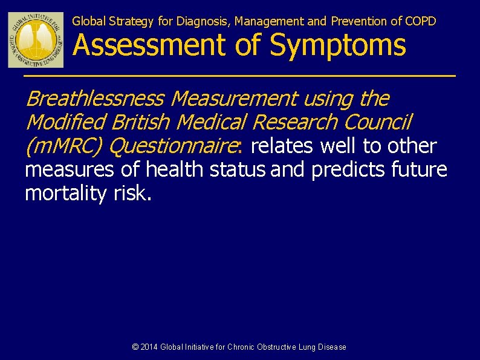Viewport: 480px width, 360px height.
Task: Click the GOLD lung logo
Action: pos(36,39)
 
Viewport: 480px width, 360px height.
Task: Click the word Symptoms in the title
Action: pos(339,45)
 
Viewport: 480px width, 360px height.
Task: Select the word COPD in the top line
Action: pos(421,21)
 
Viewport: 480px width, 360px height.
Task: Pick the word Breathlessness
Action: pos(95,98)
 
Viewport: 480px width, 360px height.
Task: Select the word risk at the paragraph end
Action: pos(129,194)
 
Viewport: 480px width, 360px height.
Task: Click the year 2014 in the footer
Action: pos(149,347)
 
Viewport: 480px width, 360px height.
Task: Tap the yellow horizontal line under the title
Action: pos(239,76)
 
